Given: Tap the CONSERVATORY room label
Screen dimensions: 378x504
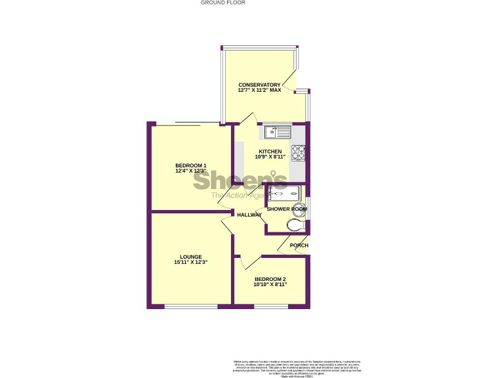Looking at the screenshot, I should point(259,85).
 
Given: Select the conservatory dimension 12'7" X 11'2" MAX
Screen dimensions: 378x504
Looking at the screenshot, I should point(259,91).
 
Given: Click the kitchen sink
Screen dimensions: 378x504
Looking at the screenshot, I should point(278,132).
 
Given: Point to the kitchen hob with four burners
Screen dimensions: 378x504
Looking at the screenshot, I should point(299,152).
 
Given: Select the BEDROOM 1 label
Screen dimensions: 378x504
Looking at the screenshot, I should point(191,165).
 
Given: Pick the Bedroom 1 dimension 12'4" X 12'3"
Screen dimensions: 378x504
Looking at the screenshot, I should point(191,171).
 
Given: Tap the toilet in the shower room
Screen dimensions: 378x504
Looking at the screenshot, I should point(296,225).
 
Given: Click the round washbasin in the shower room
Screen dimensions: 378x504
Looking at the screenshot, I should point(299,210).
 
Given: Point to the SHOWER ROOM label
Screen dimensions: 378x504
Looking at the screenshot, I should point(286,209).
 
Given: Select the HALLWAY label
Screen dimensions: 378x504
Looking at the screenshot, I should point(249,215).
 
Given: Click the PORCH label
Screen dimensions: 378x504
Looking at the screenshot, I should point(299,245).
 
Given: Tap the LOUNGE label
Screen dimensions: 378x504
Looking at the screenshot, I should point(191,257).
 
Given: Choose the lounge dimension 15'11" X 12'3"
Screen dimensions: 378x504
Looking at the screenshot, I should point(191,262).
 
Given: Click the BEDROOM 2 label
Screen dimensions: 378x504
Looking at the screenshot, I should point(270,279).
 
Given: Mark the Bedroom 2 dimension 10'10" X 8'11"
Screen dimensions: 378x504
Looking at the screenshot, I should point(270,285).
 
